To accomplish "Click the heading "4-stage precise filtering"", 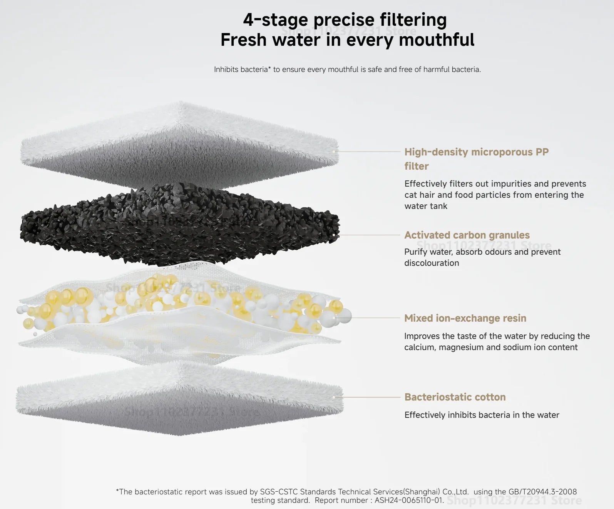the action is [x=345, y=20].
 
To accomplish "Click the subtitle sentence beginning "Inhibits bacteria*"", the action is [x=347, y=69].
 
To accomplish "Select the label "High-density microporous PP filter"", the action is [x=477, y=159].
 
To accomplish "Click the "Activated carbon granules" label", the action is [x=467, y=235].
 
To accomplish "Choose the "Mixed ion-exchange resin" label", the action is [x=465, y=318].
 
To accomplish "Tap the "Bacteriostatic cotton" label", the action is [x=455, y=397].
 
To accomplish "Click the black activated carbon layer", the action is [x=180, y=225].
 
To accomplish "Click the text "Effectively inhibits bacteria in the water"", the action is [x=482, y=415].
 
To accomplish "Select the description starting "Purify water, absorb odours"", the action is [x=482, y=257].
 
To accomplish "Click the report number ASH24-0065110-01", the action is [x=409, y=500].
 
